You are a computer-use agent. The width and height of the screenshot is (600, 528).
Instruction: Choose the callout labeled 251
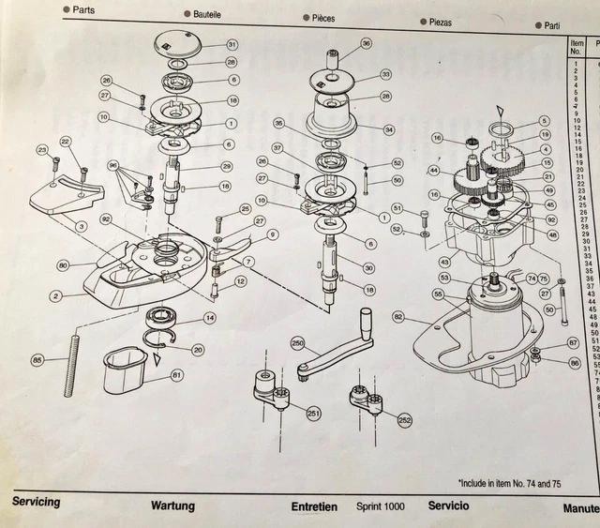pos(313,412)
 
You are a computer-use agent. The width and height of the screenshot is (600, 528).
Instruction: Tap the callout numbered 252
pos(404,419)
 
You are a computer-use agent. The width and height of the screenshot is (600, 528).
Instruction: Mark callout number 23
pos(42,149)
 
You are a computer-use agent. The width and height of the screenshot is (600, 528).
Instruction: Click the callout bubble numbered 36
pos(367,43)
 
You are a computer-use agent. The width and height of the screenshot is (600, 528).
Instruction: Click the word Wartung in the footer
pos(172,506)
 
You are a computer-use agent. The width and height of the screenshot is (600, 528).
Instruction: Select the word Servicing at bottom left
pos(36,502)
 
